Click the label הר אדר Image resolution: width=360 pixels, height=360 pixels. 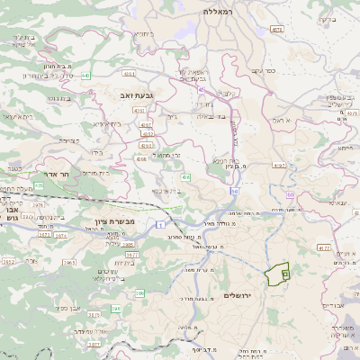point(55,177)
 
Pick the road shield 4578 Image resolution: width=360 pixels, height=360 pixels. point(276,30)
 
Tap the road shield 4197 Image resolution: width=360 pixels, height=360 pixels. point(279,166)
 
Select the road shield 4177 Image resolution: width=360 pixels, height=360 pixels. point(324,246)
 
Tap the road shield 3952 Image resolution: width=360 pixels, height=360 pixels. point(8,262)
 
